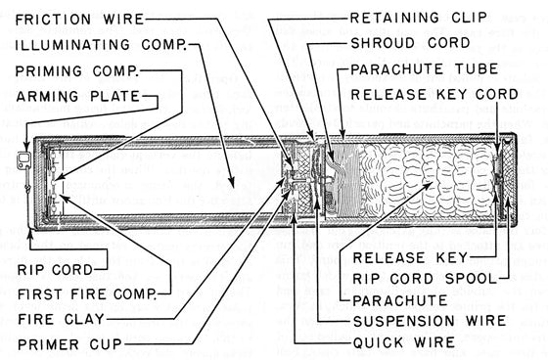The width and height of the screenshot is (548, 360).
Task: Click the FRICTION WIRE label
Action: coord(79,19)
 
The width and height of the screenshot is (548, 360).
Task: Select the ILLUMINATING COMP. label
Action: coord(101,45)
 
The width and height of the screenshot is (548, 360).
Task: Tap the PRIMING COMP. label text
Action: coord(77,71)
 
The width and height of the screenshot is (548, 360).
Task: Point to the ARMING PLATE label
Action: coord(77,96)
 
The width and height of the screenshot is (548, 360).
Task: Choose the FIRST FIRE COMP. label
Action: coord(87,294)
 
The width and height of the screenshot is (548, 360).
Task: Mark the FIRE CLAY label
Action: coord(61,319)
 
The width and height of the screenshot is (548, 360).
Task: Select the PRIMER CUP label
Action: coord(69,344)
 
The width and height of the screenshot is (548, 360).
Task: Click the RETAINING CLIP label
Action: coord(419,18)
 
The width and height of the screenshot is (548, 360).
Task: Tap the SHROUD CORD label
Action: coord(410,43)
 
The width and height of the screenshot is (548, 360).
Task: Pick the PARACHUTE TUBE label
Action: coord(425,68)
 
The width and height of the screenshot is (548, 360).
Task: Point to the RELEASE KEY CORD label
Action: coord(434,94)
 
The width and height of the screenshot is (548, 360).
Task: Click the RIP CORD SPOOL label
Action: coord(425,279)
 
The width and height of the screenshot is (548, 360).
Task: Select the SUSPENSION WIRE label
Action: coord(430,321)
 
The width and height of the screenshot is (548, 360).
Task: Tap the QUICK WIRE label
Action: coord(404,342)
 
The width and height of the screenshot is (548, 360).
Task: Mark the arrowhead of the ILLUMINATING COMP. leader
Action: coord(231,184)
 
